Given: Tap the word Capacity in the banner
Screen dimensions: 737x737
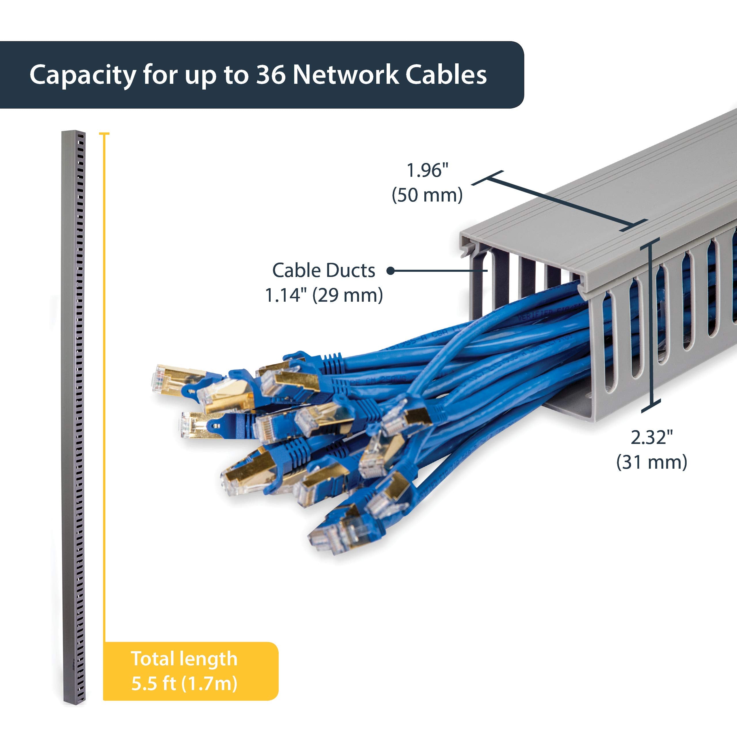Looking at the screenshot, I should [83, 75].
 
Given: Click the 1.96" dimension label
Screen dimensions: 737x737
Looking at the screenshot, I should [427, 170].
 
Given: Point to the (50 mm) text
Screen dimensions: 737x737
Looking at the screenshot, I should [427, 195].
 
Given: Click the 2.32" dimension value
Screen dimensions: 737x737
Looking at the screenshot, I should [651, 437].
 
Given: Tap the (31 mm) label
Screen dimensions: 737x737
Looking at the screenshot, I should [651, 462].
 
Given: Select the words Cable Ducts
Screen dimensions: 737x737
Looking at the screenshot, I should [324, 270].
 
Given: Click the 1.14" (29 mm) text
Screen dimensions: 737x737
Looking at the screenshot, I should [324, 295].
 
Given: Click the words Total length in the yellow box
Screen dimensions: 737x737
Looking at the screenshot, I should [184, 659].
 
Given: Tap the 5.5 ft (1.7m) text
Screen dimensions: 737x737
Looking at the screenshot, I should [184, 683].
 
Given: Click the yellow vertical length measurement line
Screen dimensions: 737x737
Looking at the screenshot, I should [104, 381].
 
